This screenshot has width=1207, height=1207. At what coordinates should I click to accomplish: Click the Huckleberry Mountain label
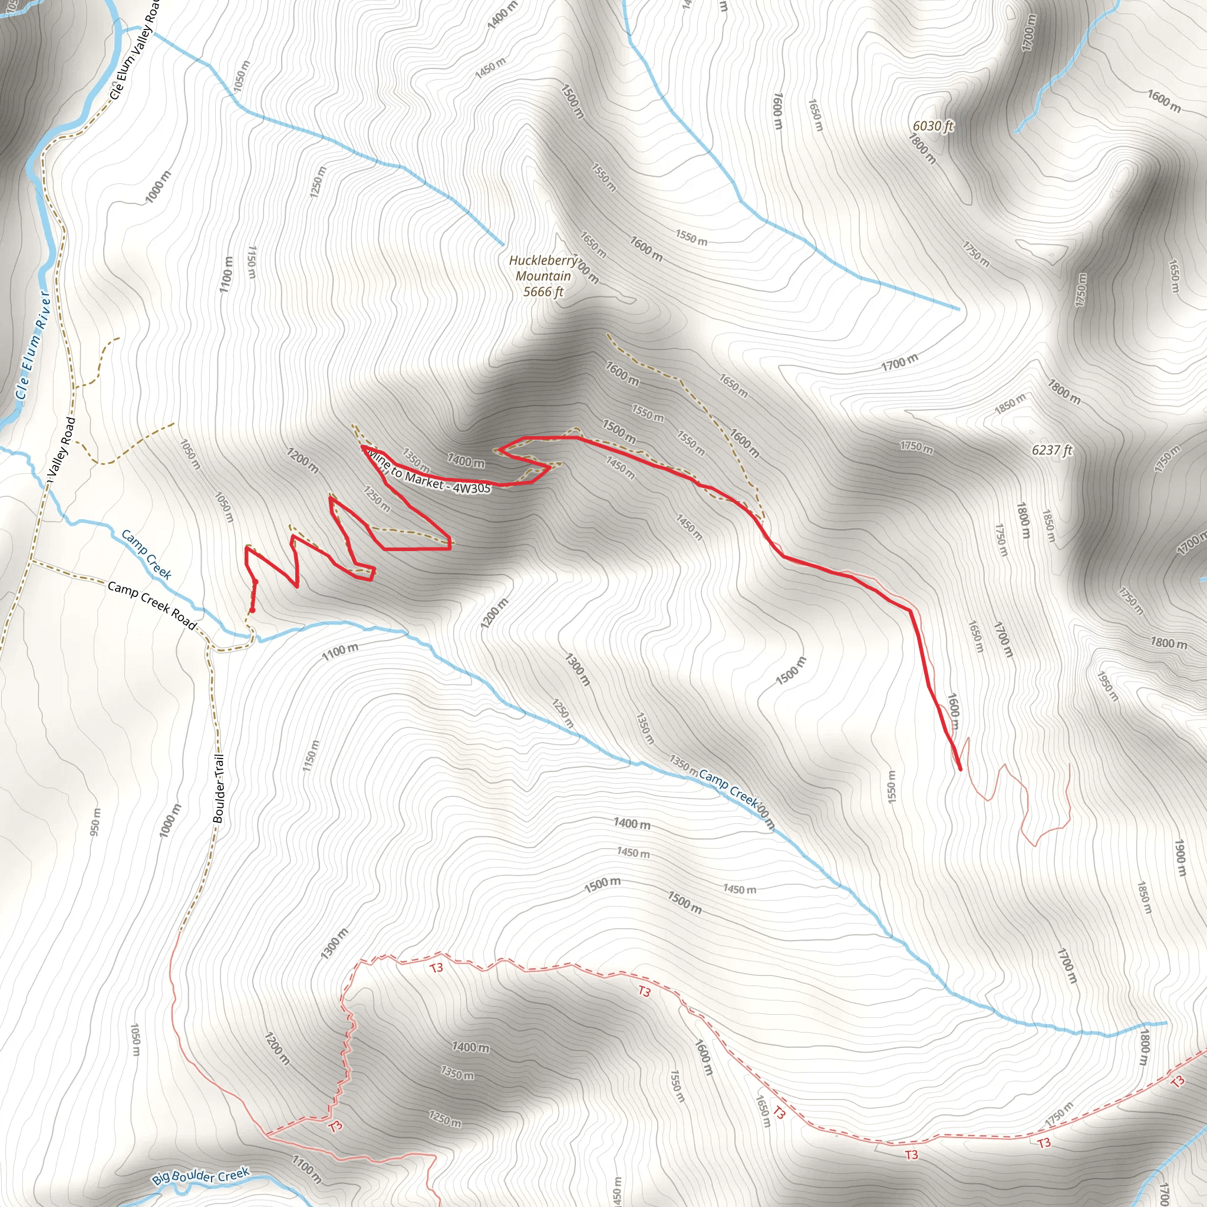point(543,268)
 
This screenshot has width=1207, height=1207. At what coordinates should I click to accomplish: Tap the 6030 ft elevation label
point(933,126)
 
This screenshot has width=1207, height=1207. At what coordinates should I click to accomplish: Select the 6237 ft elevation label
point(1052,450)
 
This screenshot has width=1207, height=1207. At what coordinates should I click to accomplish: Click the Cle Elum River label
point(32,344)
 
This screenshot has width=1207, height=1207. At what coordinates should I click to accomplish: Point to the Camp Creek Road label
point(152,605)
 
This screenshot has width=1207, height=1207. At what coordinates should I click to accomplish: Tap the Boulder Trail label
point(218,789)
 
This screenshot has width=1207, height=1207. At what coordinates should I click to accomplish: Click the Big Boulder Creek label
point(200,1176)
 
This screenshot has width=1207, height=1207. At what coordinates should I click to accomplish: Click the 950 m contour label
point(95,822)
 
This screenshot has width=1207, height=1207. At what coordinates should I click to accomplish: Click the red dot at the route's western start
point(252,611)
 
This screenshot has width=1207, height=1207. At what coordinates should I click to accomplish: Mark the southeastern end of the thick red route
point(959,769)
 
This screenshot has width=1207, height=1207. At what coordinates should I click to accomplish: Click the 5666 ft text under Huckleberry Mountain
point(543,292)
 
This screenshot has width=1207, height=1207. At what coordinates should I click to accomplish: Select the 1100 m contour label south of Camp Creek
point(340,652)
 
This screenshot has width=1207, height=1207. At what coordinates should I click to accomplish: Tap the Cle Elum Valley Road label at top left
point(134,50)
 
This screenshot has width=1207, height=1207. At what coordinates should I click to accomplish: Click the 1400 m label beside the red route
point(466,461)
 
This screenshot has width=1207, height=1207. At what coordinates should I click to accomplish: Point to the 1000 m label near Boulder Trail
point(170,820)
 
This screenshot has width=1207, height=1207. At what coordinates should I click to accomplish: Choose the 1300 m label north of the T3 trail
point(334,944)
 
